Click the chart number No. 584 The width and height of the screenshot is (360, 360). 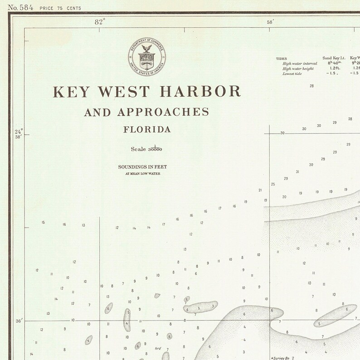click(x=17, y=7)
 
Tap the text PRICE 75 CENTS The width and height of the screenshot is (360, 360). click(x=60, y=8)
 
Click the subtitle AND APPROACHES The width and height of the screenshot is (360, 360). click(x=146, y=112)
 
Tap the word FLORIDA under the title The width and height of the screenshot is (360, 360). click(x=147, y=129)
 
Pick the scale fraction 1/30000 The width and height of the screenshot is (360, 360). click(x=155, y=149)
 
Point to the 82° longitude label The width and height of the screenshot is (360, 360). click(x=100, y=21)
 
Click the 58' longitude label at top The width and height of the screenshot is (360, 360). click(x=270, y=21)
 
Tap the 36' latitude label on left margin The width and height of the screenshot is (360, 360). click(x=19, y=321)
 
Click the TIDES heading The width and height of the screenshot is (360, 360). click(x=281, y=58)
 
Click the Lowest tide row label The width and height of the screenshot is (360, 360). click(x=292, y=73)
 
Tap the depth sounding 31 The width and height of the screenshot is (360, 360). click(x=297, y=172)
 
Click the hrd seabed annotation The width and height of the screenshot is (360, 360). click(x=158, y=348)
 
